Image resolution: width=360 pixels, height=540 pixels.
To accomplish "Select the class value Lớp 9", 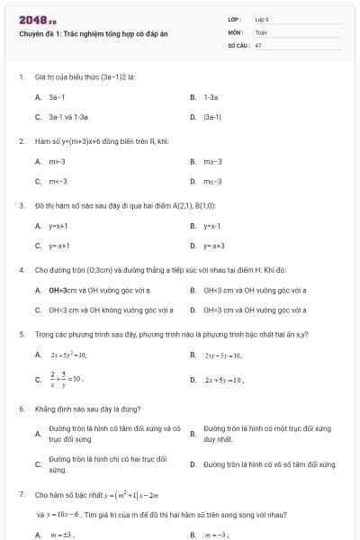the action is coord(262,19).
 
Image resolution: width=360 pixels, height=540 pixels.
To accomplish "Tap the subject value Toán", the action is coord(261,31).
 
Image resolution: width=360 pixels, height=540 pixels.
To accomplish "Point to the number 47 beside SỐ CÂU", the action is coord(258,44).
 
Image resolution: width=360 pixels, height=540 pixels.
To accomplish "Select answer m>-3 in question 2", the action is coord(57,161).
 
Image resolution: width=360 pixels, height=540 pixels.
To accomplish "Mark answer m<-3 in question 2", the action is coord(57,182).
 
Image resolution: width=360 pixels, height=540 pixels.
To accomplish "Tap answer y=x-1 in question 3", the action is coord(211,226).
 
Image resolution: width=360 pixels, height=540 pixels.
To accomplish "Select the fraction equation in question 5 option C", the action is coord(66,379).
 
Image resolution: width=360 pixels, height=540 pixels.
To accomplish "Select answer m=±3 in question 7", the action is coord(62,535).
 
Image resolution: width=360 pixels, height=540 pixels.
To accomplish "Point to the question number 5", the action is coord(21,334).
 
